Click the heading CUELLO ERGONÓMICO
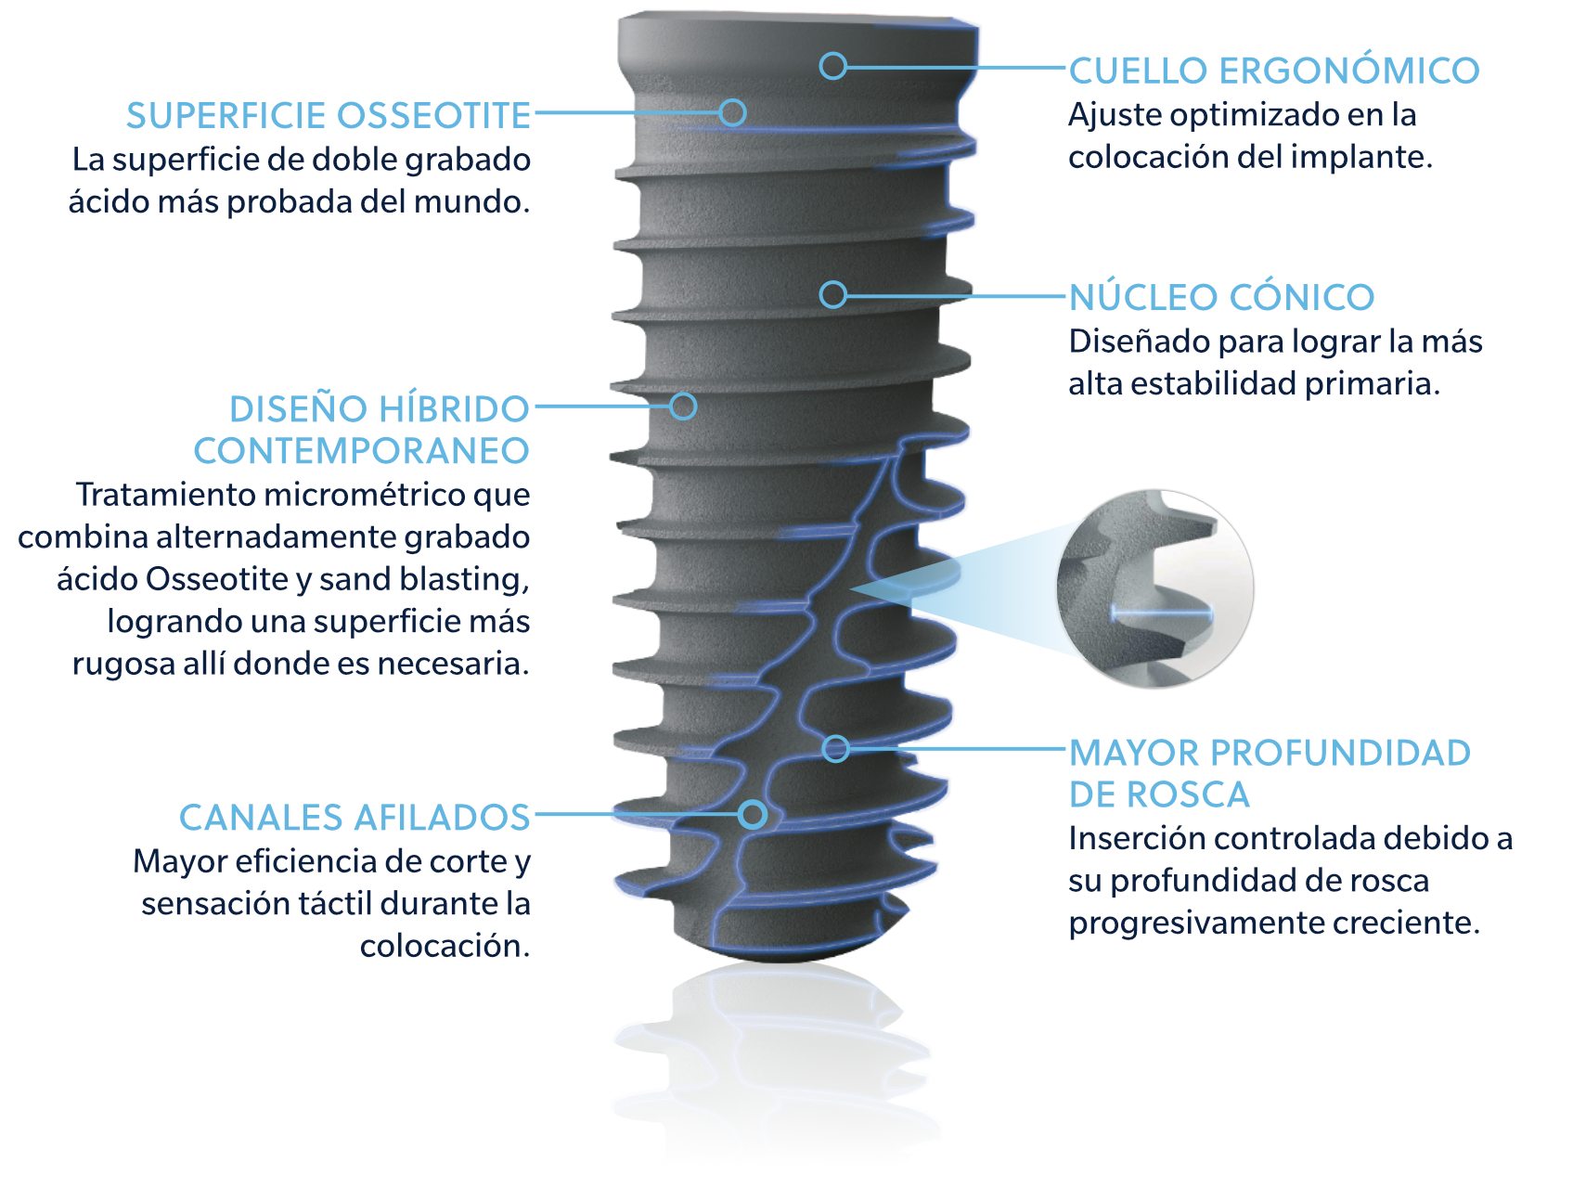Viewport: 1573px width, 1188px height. point(1273,71)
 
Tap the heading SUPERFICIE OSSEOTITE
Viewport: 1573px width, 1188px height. point(329,116)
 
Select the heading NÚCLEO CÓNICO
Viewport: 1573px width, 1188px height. point(1221,298)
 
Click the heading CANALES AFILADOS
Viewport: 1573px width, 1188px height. point(355,818)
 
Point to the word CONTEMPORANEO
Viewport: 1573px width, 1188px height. point(361,451)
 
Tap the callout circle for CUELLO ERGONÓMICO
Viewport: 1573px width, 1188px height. point(833,66)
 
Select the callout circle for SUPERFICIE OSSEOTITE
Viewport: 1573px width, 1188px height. point(733,112)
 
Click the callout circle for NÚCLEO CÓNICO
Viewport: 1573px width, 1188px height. point(833,295)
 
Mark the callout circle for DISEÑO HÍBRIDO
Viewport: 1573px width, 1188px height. point(683,406)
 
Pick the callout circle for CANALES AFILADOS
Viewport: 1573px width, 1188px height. point(753,815)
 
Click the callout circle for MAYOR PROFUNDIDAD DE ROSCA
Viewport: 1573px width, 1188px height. point(836,748)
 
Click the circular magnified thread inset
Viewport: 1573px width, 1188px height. point(1154,589)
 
